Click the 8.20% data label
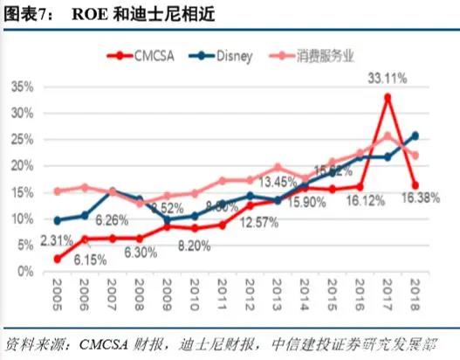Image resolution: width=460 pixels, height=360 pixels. coord(194,248)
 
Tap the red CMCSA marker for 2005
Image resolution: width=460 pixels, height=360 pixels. coord(57,259)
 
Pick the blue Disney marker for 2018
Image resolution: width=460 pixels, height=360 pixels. coord(415,135)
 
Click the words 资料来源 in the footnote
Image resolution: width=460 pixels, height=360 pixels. coord(35,343)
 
